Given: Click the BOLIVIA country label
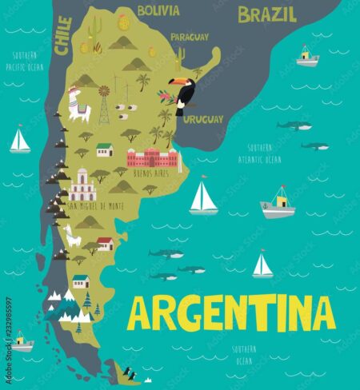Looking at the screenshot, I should tap(158, 11).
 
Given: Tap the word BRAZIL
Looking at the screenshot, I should tap(266, 14).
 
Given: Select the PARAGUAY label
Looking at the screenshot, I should tap(190, 37).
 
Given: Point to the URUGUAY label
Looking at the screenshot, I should tap(202, 118).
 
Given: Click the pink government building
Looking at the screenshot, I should tap(152, 157).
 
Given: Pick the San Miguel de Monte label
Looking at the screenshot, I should tap(95, 206).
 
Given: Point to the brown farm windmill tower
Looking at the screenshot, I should tap(103, 105).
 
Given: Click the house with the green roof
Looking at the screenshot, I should tap(104, 149).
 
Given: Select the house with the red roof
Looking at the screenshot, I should tap(105, 243).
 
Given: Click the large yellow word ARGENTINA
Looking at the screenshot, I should tap(230, 312).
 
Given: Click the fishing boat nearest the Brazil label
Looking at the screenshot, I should tap(307, 56).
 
